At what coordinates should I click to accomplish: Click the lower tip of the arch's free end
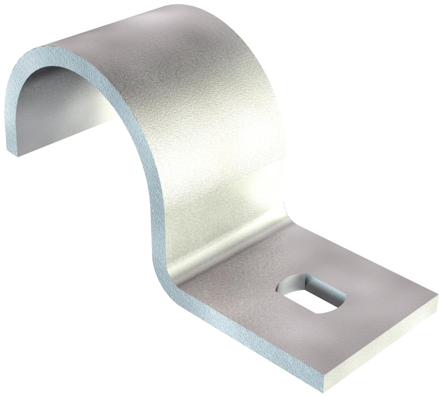[x=18, y=155]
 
